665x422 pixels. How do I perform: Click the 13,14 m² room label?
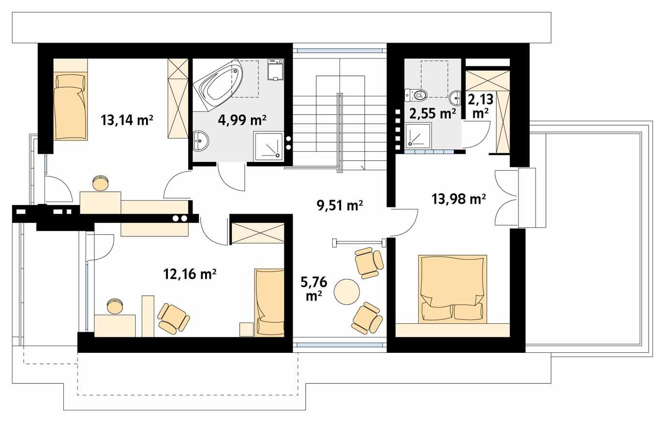(127, 119)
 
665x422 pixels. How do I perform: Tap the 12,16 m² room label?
(189, 275)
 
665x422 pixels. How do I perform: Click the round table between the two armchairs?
(347, 291)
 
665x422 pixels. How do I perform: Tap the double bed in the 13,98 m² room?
(452, 289)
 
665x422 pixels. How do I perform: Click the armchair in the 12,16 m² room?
(174, 319)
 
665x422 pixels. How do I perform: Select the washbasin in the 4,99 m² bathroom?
(201, 141)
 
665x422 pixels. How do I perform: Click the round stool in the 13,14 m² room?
(101, 183)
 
